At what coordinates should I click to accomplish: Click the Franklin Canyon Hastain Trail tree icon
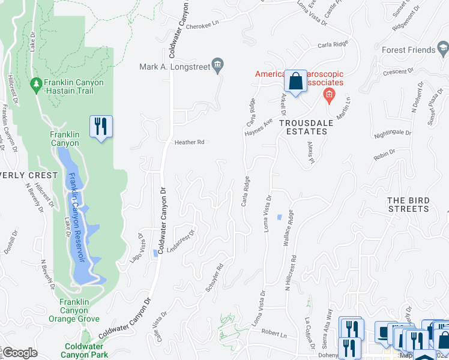pyautogui.click(x=37, y=83)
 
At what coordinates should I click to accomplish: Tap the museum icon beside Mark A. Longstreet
pyautogui.click(x=218, y=65)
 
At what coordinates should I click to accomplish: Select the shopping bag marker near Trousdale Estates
pyautogui.click(x=296, y=82)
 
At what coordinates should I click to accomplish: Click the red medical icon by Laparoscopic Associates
pyautogui.click(x=328, y=94)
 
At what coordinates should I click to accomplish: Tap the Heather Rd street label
pyautogui.click(x=190, y=143)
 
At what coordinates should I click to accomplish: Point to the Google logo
pyautogui.click(x=19, y=353)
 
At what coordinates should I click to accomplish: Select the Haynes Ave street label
pyautogui.click(x=259, y=128)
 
